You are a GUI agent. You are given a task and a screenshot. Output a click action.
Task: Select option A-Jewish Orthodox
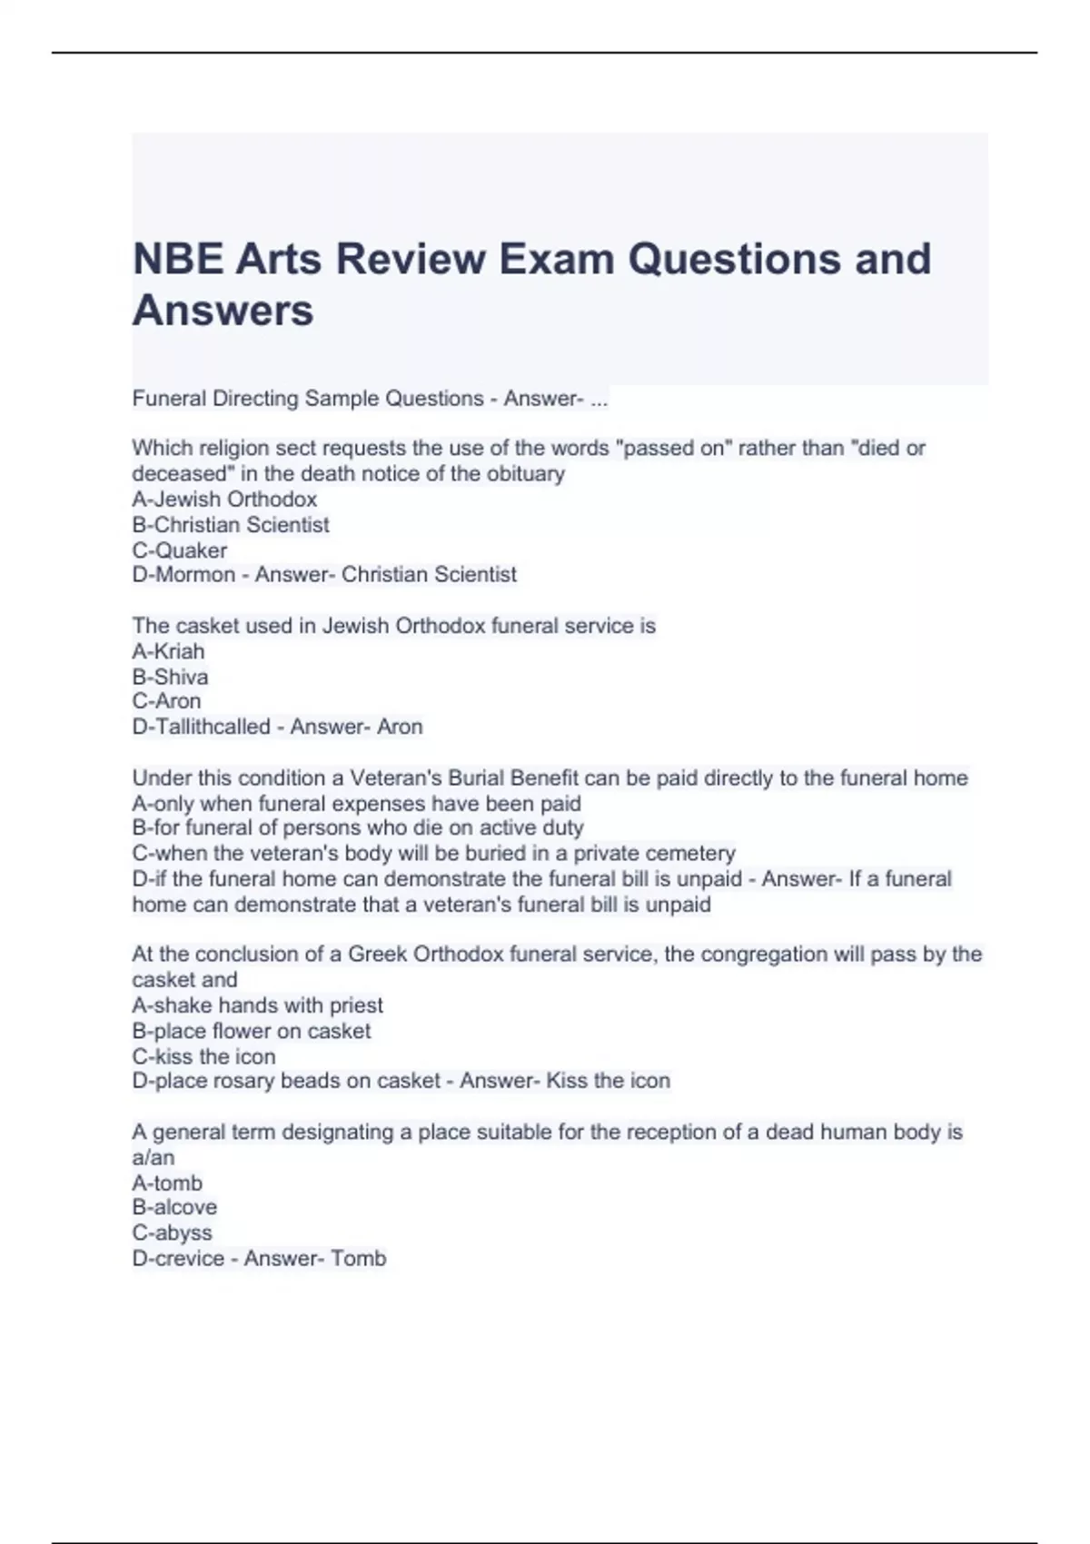(x=224, y=500)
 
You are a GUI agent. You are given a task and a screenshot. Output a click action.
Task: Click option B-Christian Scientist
(x=231, y=525)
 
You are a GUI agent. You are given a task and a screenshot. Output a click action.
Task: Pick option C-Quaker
(x=180, y=550)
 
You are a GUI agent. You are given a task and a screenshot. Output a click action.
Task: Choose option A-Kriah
(x=168, y=651)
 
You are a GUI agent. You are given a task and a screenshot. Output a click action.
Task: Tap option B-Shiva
(x=170, y=677)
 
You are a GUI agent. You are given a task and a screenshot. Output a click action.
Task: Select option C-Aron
(x=166, y=701)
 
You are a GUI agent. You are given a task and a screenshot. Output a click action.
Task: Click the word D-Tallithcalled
(x=202, y=727)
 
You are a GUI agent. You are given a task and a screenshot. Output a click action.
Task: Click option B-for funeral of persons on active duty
(x=358, y=827)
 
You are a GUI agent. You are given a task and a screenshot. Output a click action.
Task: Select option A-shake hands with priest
(x=257, y=1005)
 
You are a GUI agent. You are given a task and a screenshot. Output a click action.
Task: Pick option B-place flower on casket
(x=252, y=1031)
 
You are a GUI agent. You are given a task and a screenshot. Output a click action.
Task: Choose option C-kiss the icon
(x=203, y=1056)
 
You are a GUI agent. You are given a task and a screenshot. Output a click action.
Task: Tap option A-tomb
(x=167, y=1183)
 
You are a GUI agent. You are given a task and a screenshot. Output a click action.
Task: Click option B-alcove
(x=174, y=1207)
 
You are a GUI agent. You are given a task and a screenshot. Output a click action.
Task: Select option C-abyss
(x=172, y=1232)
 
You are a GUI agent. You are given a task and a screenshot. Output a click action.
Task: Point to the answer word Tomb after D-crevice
(x=359, y=1258)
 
